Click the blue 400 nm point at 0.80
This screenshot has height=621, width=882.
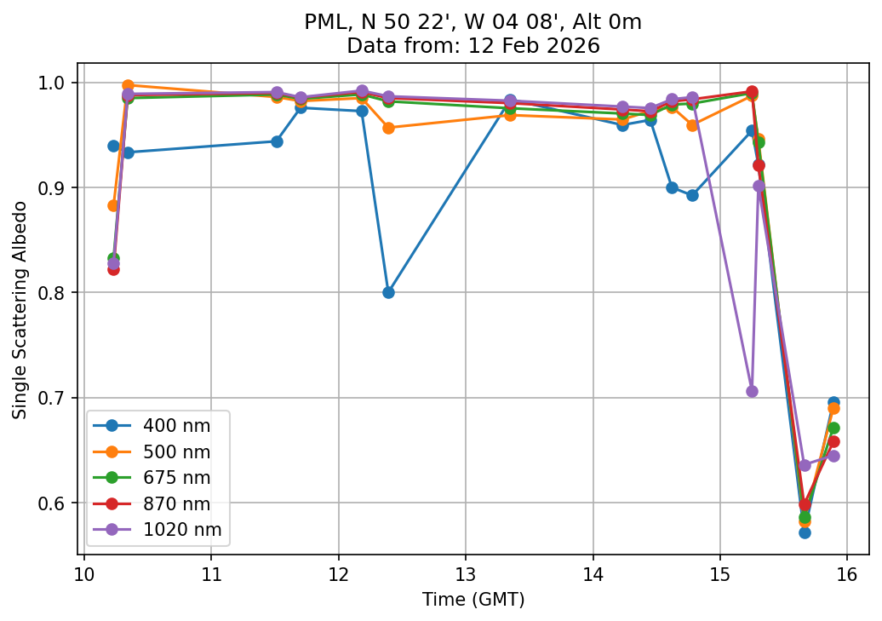click(388, 292)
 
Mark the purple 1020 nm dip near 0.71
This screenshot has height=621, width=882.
click(752, 391)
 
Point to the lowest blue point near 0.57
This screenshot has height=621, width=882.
click(805, 532)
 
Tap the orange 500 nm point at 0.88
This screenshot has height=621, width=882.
click(113, 205)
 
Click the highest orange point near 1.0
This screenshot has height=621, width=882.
click(128, 85)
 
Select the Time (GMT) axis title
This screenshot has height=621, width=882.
click(473, 600)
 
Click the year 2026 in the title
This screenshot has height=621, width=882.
click(575, 45)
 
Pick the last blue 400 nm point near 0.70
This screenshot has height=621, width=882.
click(833, 402)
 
